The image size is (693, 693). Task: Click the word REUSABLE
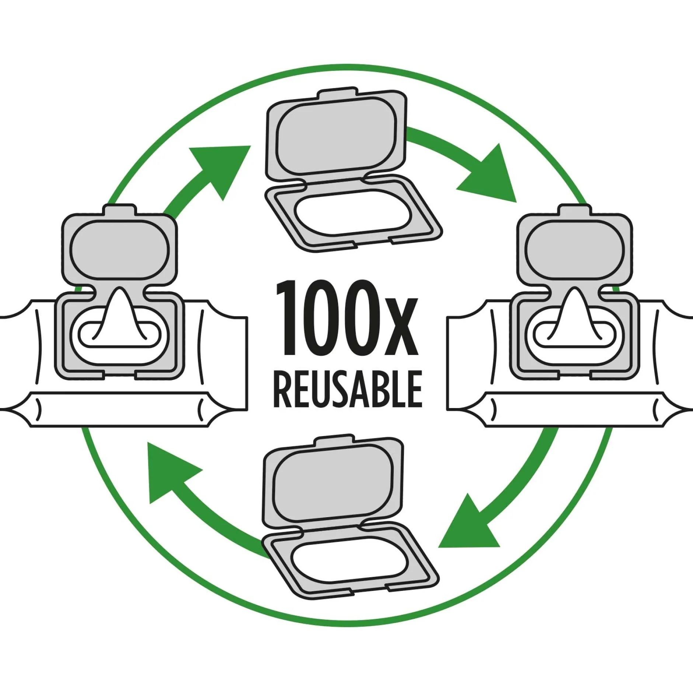(348, 389)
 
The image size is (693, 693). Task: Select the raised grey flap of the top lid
(336, 136)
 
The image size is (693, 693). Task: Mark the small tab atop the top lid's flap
(338, 93)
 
